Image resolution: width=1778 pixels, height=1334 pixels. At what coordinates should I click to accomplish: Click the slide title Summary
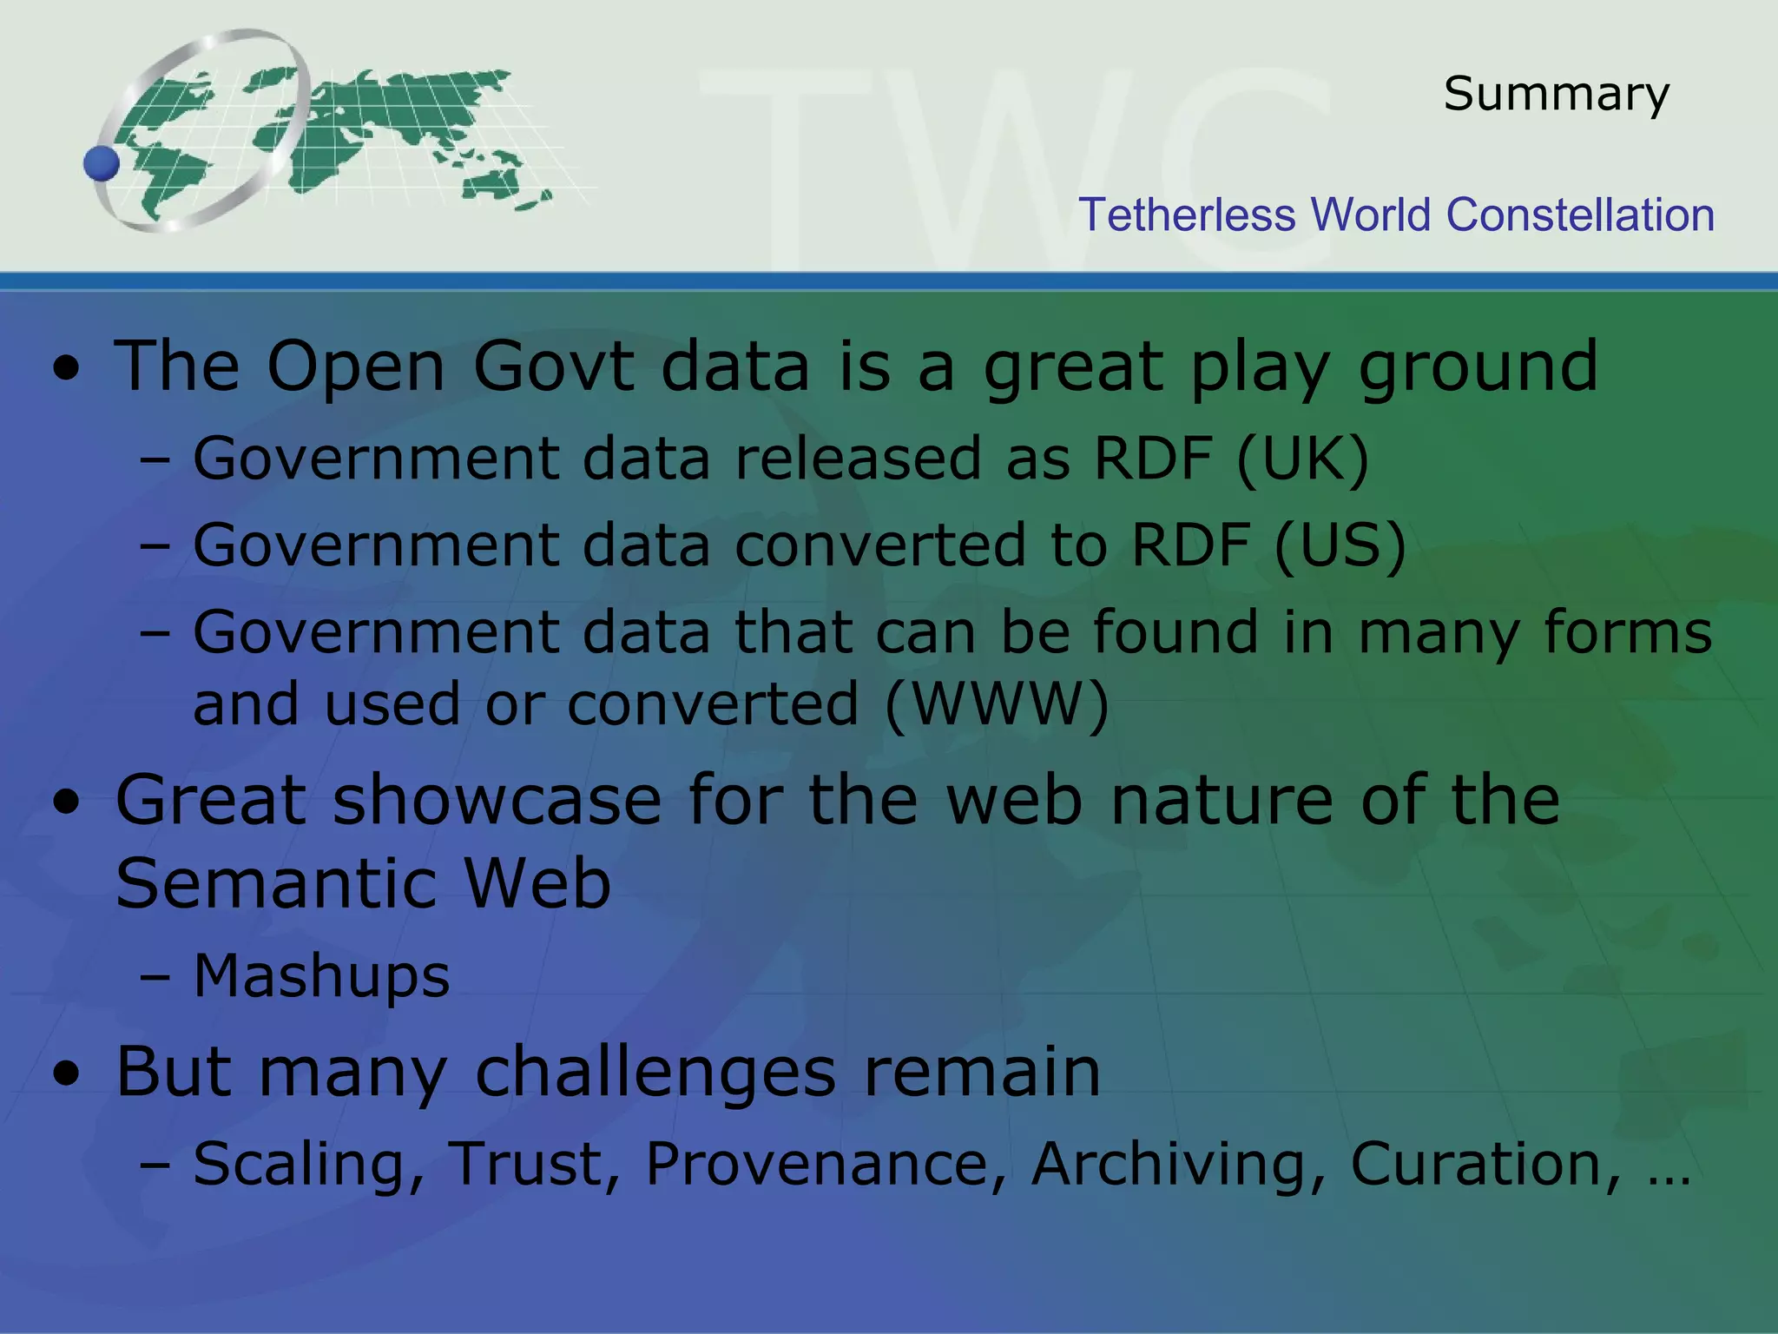click(x=1556, y=94)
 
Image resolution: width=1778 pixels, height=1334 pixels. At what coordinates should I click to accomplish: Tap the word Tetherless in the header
click(x=1186, y=215)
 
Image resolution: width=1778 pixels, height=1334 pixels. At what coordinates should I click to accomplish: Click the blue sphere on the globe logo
click(x=102, y=163)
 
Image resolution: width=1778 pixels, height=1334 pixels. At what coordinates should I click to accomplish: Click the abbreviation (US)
click(x=1340, y=545)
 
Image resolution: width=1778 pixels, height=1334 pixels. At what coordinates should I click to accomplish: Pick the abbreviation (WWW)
click(x=997, y=703)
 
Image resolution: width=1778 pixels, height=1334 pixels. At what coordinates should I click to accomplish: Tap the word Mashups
click(x=321, y=976)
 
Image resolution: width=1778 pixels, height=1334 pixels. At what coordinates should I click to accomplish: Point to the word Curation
click(x=1485, y=1164)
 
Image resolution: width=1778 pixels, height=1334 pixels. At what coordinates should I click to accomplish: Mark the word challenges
click(x=655, y=1073)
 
